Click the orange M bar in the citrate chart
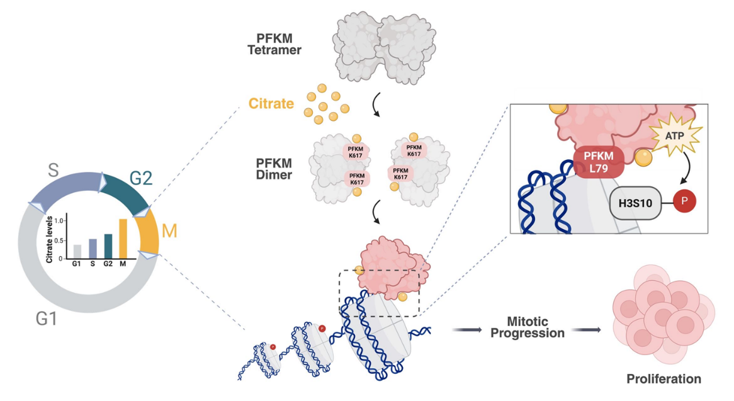click(x=123, y=239)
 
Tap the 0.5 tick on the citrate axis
click(x=60, y=240)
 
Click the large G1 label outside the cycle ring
click(x=46, y=319)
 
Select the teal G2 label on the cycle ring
click(x=141, y=178)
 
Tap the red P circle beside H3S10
click(x=686, y=201)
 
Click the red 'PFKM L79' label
click(x=598, y=160)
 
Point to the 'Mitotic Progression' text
click(x=527, y=327)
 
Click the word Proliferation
click(x=663, y=379)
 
